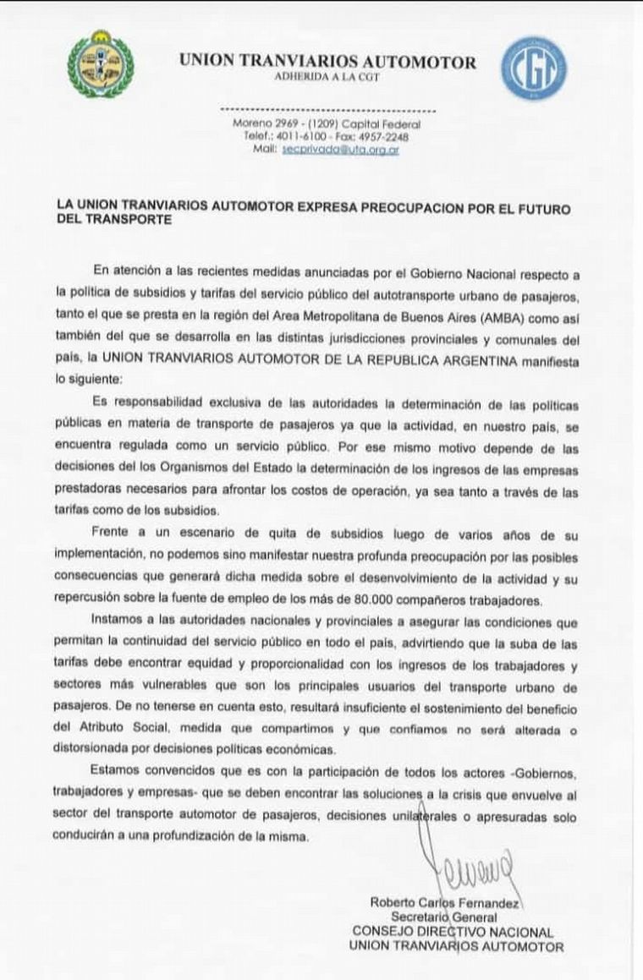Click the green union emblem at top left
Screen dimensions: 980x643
(x=101, y=64)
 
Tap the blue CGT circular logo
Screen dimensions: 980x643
(x=533, y=68)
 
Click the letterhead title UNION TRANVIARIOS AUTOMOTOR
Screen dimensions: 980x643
(x=327, y=62)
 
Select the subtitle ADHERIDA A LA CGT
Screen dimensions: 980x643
(x=327, y=77)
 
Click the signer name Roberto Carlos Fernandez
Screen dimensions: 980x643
(x=445, y=904)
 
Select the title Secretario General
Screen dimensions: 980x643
(x=443, y=917)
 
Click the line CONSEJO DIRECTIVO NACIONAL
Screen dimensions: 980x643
(x=453, y=932)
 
